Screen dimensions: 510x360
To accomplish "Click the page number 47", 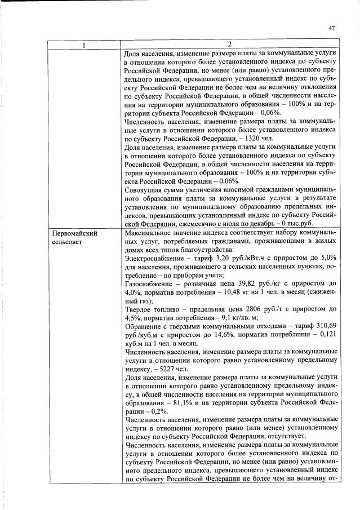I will [x=331, y=28].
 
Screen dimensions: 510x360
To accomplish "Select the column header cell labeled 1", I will [x=85, y=45].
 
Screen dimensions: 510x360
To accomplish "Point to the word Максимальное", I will [x=149, y=249].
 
